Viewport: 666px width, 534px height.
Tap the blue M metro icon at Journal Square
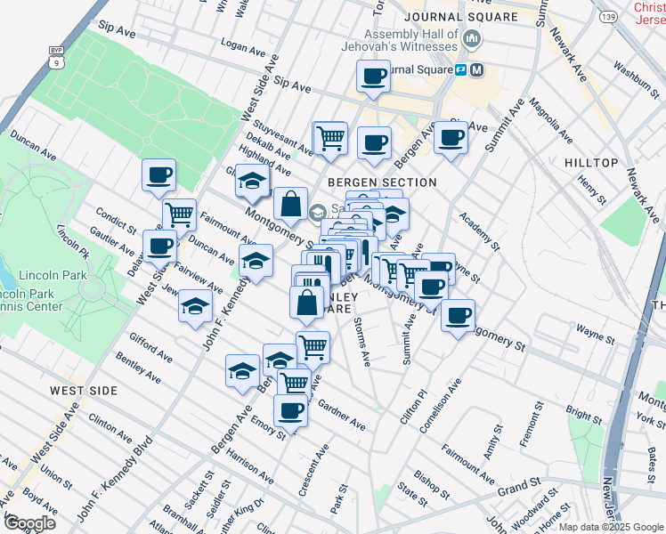click(x=477, y=69)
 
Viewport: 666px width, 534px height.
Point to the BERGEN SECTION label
click(x=381, y=182)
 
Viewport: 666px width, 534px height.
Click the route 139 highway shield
click(x=609, y=18)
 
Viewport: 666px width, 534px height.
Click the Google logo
click(x=28, y=522)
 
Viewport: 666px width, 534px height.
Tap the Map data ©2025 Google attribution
click(x=610, y=527)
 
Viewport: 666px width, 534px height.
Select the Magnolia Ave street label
click(x=548, y=124)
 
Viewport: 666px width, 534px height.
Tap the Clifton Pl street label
click(x=417, y=405)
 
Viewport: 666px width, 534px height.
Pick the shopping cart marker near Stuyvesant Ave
click(x=330, y=138)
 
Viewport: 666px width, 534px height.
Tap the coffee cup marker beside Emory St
click(x=290, y=410)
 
